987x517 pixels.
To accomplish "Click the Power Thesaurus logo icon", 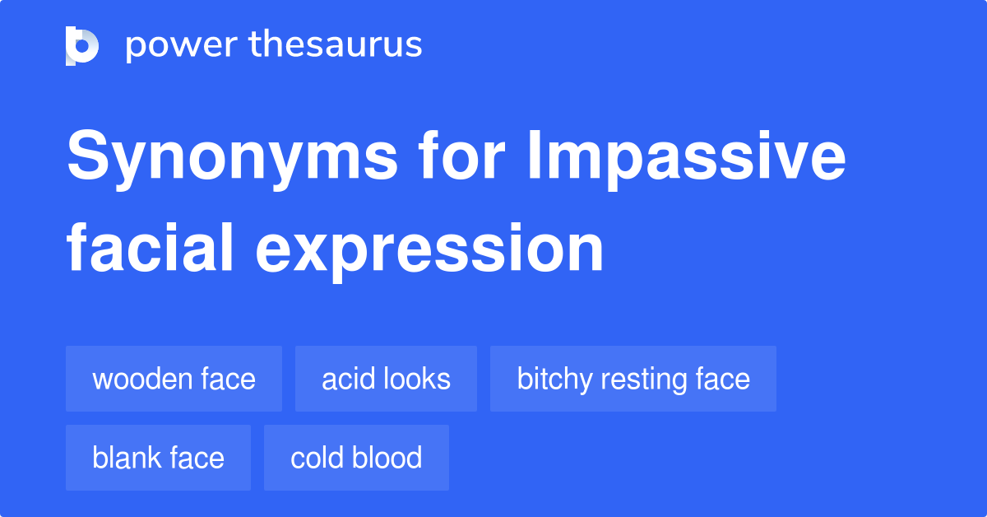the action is coord(82,46).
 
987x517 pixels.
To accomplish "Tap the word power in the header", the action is coord(182,46).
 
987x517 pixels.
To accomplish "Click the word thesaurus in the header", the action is coord(336,44).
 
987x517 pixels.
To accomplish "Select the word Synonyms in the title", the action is coord(233,159).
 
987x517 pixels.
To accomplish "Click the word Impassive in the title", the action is coord(687,159).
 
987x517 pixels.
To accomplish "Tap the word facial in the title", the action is coord(150,248).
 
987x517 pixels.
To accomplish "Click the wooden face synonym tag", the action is coord(174,379).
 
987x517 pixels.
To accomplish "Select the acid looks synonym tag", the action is coord(386,379).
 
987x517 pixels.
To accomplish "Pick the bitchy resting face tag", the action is coord(633,379).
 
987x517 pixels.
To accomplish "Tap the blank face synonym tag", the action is coord(158,458).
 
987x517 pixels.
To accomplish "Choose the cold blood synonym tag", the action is coord(356,458).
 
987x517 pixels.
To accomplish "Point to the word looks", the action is coord(417,379).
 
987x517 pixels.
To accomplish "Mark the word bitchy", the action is coord(554,380).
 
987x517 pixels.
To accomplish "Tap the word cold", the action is coord(317,458).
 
